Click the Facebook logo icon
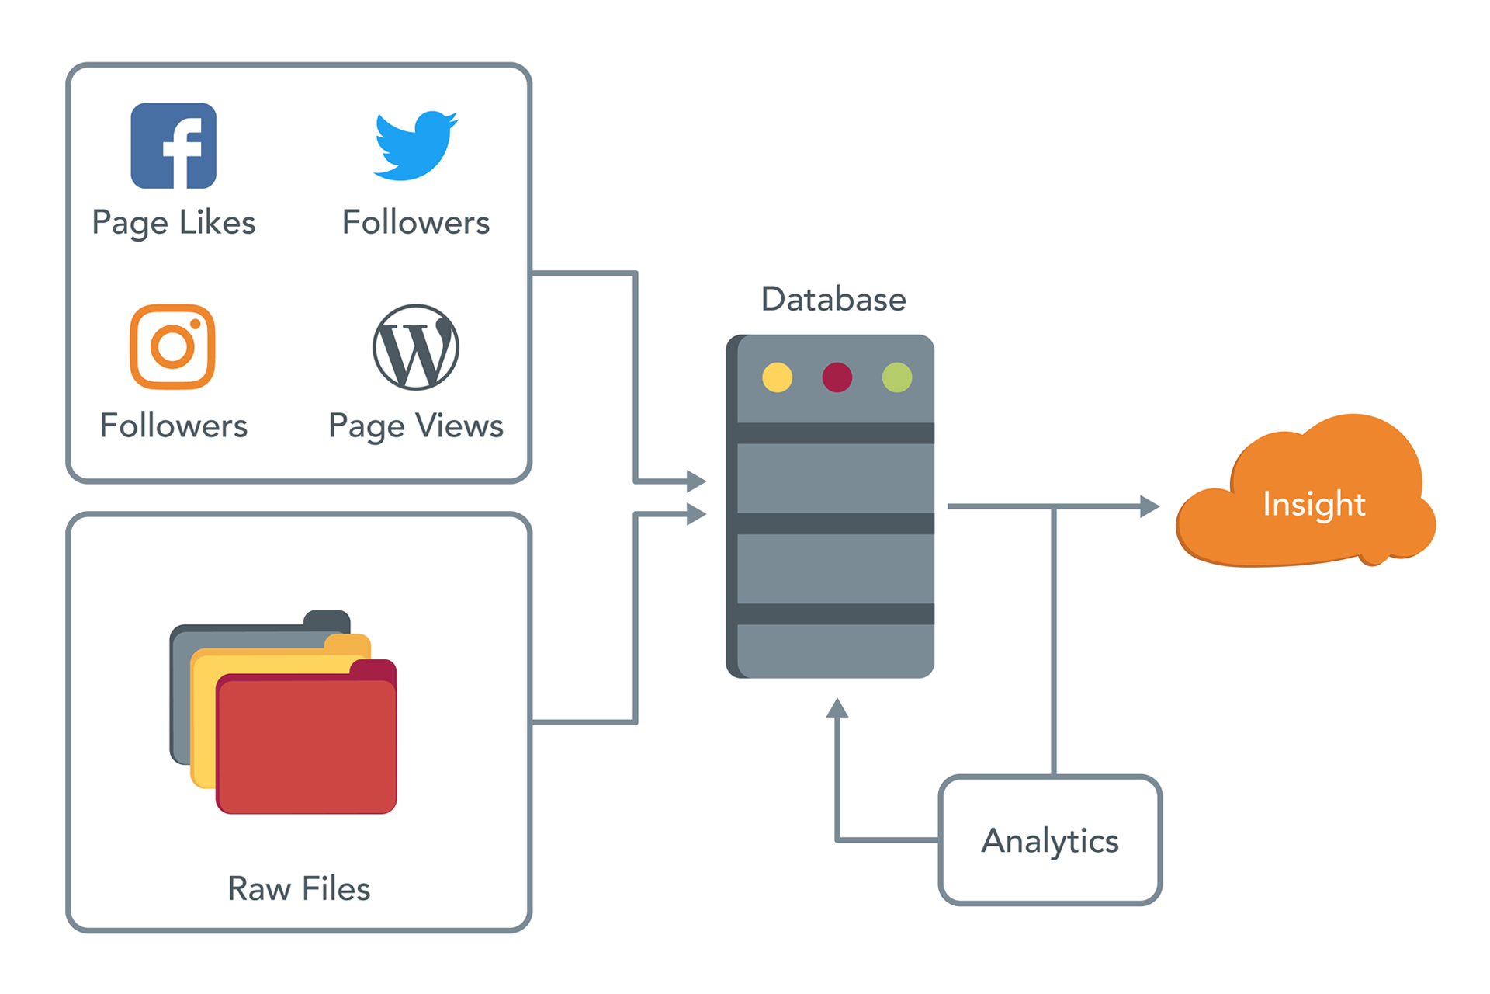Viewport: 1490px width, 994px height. [x=173, y=146]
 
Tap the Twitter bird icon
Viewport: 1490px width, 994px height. [x=416, y=146]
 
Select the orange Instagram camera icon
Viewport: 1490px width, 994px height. [x=172, y=346]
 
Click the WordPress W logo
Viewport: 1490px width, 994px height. [x=416, y=347]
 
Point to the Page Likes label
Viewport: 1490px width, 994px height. [x=173, y=223]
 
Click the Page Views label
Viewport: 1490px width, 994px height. [x=416, y=426]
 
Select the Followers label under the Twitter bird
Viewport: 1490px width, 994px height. [x=416, y=223]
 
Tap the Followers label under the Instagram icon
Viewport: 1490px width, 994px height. [x=173, y=426]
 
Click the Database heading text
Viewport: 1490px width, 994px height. [x=833, y=299]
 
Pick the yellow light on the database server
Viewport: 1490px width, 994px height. [x=777, y=377]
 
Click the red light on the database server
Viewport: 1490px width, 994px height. [x=837, y=377]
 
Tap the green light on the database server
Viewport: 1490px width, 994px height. [x=897, y=377]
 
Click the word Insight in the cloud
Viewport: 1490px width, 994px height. [x=1314, y=504]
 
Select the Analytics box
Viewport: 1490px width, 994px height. [x=1050, y=840]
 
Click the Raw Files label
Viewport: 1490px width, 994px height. [x=299, y=888]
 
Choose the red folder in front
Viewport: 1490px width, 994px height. [x=307, y=745]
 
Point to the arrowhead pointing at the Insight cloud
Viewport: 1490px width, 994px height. [x=1149, y=506]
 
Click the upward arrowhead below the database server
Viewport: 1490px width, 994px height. [x=837, y=707]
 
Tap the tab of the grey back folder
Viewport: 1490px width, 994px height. [x=327, y=620]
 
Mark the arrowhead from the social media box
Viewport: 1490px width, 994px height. [x=696, y=481]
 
